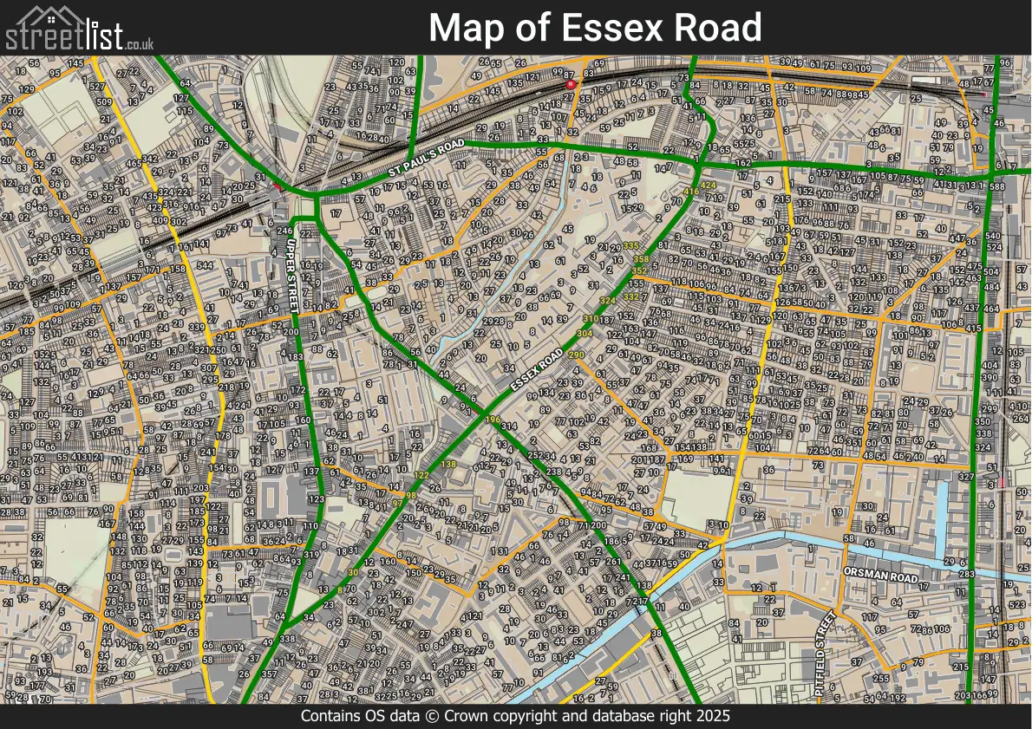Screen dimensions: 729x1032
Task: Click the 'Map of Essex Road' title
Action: (595, 28)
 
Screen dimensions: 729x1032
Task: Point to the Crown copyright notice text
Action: (515, 717)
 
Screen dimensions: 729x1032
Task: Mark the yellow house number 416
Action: (691, 192)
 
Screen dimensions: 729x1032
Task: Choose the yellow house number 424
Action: (709, 186)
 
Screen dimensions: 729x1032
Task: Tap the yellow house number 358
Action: (641, 259)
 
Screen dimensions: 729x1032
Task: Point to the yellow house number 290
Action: (577, 355)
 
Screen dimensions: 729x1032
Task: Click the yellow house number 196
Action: (493, 420)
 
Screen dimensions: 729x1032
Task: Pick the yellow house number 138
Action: (448, 465)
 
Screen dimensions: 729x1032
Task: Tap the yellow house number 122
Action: (422, 476)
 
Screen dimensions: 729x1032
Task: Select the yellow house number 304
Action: (585, 333)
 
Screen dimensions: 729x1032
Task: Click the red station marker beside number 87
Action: (570, 84)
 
